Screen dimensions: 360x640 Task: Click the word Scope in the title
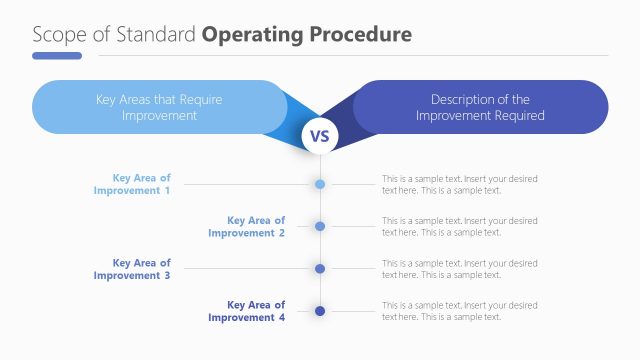click(55, 34)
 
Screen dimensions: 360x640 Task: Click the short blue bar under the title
click(57, 56)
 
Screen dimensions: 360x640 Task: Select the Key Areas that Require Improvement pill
click(159, 107)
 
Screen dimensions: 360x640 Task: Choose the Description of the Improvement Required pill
click(480, 107)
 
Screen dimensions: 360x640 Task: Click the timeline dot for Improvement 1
click(320, 184)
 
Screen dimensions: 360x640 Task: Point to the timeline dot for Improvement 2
click(320, 226)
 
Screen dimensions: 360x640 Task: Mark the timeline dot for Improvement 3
click(320, 269)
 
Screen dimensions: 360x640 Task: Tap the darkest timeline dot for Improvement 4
click(320, 311)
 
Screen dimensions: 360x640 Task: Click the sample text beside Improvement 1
click(459, 184)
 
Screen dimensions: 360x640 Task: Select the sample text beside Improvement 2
click(459, 226)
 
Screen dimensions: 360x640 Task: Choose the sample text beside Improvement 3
click(459, 269)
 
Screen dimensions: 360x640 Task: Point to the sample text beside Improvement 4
click(459, 311)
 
